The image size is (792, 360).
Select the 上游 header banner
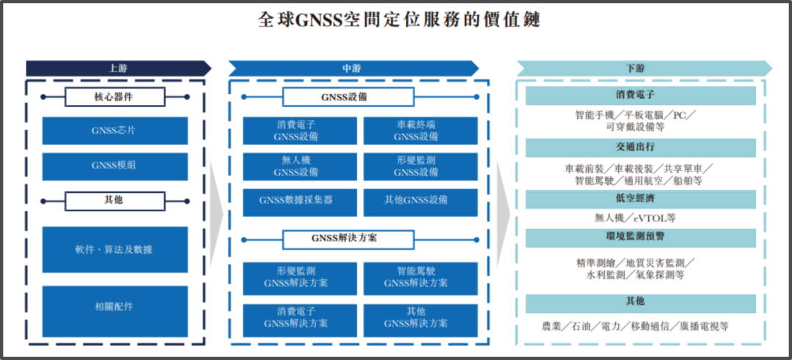pyautogui.click(x=117, y=68)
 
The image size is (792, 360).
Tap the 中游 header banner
pyautogui.click(x=352, y=68)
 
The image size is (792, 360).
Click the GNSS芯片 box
pyautogui.click(x=114, y=131)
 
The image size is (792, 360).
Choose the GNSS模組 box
pyautogui.click(x=114, y=166)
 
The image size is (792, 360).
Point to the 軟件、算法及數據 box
pyautogui.click(x=114, y=249)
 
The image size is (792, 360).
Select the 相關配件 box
pyautogui.click(x=114, y=306)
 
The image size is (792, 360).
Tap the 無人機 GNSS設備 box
pyautogui.click(x=296, y=166)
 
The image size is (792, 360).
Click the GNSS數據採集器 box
pyautogui.click(x=296, y=200)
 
